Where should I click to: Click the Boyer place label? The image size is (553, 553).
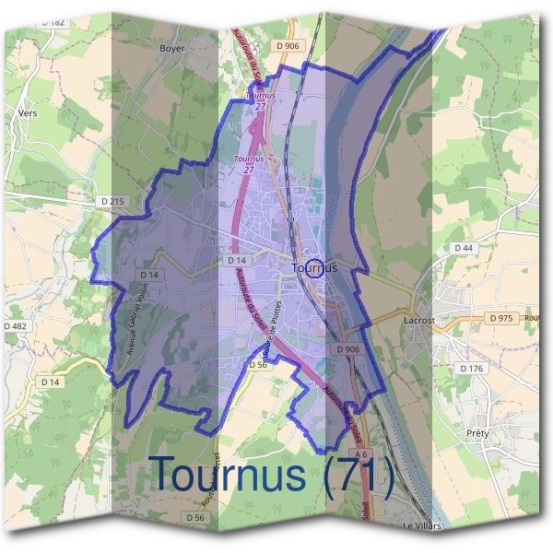172,48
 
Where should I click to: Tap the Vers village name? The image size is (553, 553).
27,114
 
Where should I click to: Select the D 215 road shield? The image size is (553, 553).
109,201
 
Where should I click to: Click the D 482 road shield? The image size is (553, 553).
15,325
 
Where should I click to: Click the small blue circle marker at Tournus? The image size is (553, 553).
313,268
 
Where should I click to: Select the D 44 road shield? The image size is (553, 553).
463,248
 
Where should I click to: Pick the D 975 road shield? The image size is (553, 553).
501,318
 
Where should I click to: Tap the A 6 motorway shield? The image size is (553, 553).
362,481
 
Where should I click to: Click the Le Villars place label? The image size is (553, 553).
423,525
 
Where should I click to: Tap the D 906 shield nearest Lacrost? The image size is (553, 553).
347,350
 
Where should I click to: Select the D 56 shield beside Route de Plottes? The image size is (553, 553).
258,365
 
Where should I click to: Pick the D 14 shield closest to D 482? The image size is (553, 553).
50,382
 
